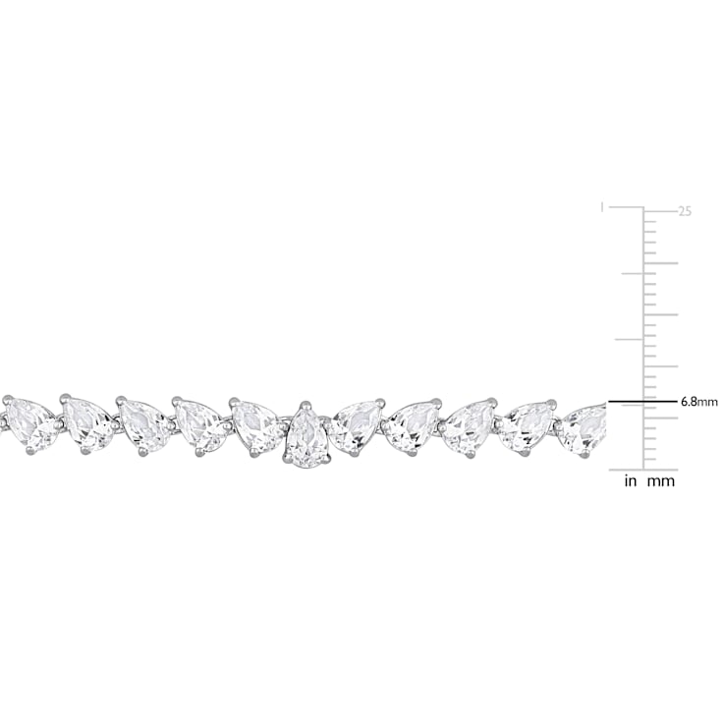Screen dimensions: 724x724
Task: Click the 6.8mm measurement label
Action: pyautogui.click(x=699, y=402)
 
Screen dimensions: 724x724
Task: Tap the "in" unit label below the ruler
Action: pyautogui.click(x=630, y=481)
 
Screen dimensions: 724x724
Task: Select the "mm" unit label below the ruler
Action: pyautogui.click(x=661, y=482)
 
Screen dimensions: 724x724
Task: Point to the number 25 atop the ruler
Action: pyautogui.click(x=685, y=211)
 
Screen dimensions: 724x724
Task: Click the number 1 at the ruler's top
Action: pyautogui.click(x=601, y=207)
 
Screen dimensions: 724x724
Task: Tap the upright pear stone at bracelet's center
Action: pyautogui.click(x=306, y=432)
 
